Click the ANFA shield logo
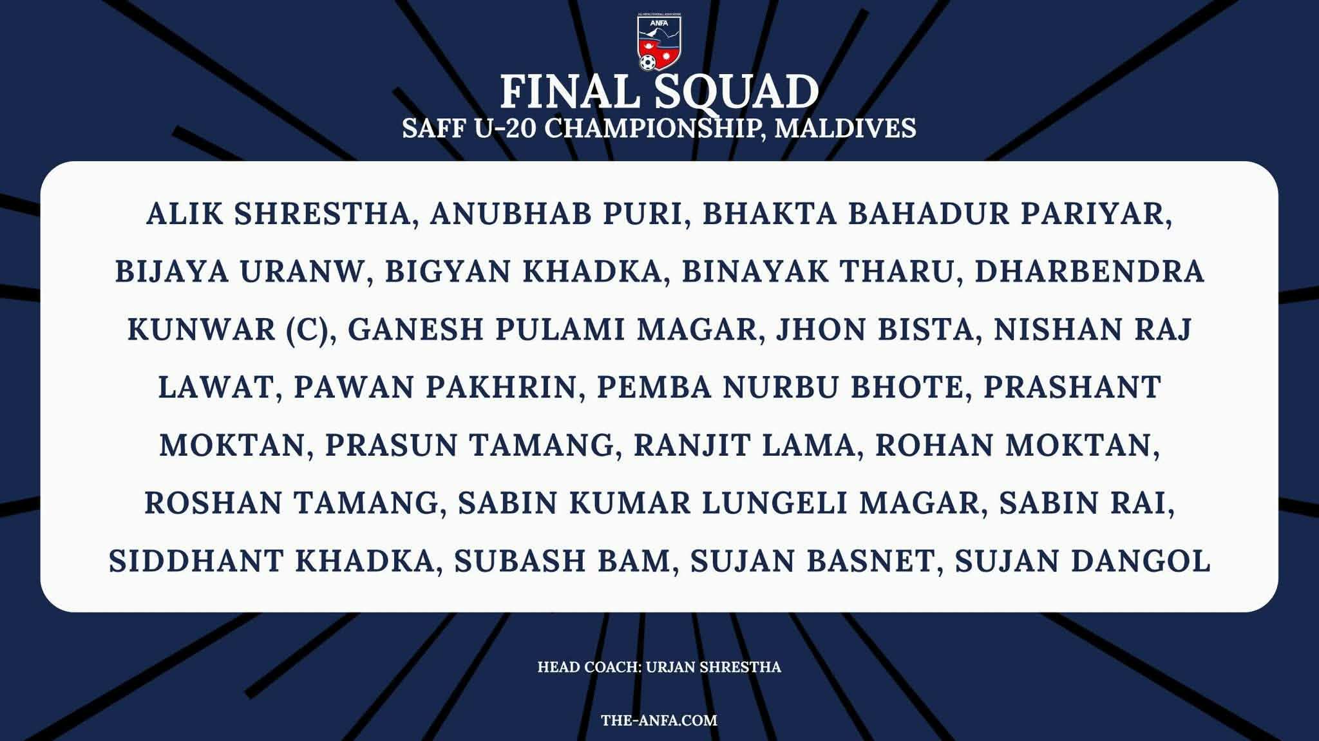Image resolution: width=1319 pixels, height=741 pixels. (659, 41)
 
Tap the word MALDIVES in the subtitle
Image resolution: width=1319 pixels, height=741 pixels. (845, 128)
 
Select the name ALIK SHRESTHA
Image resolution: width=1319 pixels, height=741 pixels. (278, 214)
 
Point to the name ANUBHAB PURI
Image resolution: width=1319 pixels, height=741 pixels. (555, 214)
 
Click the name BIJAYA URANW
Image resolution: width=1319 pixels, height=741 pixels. (240, 272)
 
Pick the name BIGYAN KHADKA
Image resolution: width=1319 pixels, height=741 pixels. (523, 272)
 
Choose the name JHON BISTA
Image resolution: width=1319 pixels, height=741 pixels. (874, 330)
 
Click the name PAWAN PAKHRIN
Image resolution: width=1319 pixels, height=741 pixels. (435, 388)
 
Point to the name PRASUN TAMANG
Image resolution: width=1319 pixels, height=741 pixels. (470, 446)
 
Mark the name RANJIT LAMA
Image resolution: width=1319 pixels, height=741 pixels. (744, 446)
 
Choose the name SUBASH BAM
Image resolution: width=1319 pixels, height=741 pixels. (562, 561)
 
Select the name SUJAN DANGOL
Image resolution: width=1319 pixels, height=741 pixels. (1083, 561)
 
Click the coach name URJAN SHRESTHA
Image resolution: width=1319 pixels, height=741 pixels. (713, 667)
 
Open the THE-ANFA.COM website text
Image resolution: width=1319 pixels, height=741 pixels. (659, 720)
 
